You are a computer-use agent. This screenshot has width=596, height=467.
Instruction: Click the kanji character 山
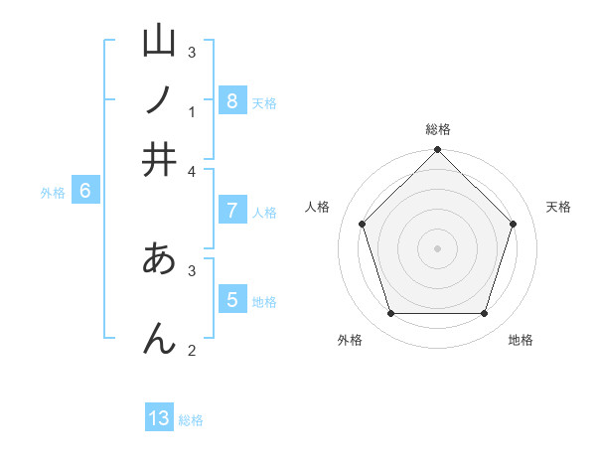point(159,41)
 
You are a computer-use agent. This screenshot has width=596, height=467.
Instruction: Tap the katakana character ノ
point(159,100)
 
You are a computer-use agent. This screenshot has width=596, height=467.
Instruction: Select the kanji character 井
point(159,159)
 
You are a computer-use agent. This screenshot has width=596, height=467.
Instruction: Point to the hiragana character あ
point(159,259)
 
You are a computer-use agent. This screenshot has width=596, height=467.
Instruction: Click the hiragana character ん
point(159,338)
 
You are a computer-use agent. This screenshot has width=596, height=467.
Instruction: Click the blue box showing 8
point(231,100)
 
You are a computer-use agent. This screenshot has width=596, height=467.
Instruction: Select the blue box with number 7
point(231,210)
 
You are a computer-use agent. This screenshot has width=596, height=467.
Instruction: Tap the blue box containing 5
point(231,299)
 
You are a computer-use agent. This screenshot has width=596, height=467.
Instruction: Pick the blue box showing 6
point(84,191)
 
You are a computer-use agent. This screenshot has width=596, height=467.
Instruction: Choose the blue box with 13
point(159,418)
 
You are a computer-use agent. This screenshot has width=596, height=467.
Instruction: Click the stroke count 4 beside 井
point(192,171)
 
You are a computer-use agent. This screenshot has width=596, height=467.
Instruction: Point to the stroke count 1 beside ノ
point(192,112)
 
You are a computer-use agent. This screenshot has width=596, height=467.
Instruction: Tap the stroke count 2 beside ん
point(192,350)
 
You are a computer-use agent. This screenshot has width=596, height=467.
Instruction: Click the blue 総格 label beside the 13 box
point(191,420)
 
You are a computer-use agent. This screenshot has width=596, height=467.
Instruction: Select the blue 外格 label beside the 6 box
point(53,193)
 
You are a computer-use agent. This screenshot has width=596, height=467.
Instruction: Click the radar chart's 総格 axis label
point(437,129)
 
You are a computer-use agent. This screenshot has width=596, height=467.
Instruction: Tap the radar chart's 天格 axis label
point(559,207)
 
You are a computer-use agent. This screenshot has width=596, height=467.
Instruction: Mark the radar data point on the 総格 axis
point(437,151)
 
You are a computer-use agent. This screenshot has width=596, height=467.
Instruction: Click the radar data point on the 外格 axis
point(390,314)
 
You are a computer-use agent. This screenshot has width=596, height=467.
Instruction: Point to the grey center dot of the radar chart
point(437,247)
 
